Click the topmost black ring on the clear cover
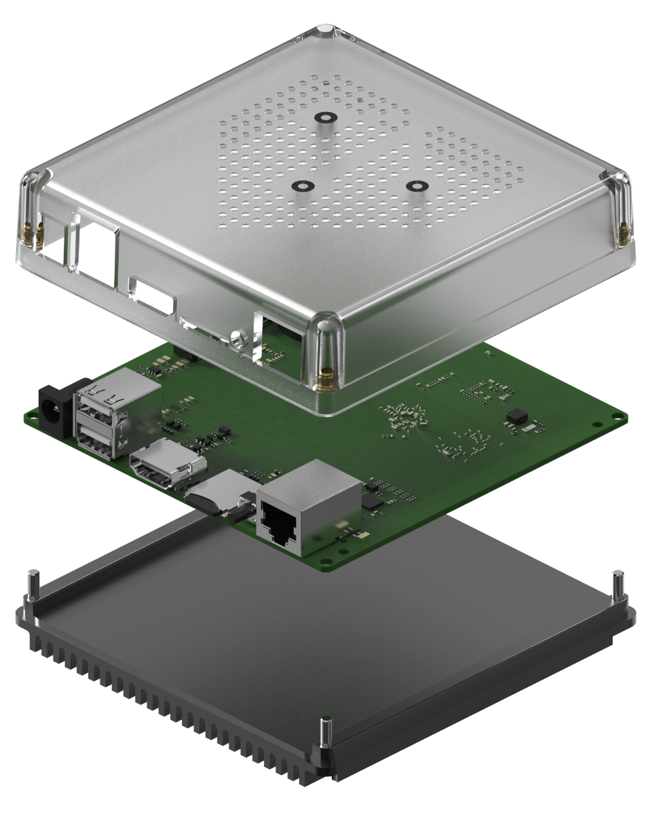[326, 117]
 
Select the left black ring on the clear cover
[301, 186]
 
